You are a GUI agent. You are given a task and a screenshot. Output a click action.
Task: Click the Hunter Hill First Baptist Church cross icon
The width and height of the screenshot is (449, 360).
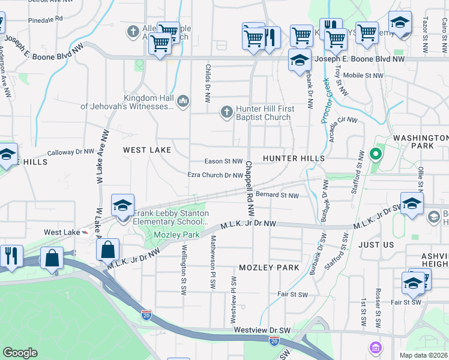[x=227, y=111]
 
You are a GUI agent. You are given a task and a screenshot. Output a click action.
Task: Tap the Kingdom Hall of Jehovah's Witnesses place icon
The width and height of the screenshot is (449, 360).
[x=183, y=100]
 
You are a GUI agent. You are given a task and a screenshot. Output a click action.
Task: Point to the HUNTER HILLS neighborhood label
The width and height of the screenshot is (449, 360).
[x=294, y=158]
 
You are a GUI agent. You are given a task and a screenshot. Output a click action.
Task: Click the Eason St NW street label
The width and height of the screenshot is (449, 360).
[x=223, y=161]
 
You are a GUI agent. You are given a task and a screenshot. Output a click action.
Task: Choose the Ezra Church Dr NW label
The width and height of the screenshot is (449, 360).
[x=215, y=175]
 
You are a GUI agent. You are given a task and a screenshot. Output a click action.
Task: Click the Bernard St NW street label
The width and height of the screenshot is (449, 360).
[x=277, y=195]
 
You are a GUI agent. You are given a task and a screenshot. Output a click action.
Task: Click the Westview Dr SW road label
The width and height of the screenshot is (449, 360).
[x=262, y=331]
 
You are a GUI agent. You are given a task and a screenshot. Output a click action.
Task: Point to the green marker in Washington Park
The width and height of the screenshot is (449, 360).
[x=376, y=155]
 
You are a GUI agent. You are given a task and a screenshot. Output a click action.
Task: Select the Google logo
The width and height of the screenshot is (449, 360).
[x=20, y=353]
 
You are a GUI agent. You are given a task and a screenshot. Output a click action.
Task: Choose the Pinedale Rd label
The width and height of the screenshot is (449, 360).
[x=46, y=19]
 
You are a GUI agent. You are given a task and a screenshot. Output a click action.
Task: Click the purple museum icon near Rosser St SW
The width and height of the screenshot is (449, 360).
[x=376, y=347]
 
